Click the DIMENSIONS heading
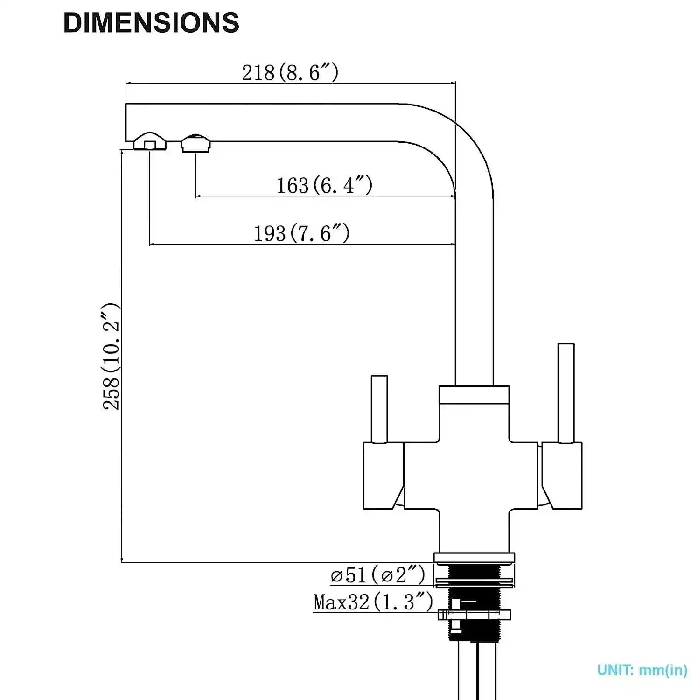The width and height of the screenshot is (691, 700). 151,22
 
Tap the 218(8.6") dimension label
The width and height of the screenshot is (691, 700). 290,72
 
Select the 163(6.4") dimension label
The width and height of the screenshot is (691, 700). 324,185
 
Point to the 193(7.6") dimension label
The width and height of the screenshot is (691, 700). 301,233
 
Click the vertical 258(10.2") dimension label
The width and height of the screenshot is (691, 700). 111,357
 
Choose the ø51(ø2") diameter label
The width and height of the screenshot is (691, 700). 377,574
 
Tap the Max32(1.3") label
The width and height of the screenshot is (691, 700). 373,602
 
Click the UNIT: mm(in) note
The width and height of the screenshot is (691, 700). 642,670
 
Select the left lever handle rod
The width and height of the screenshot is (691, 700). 379,408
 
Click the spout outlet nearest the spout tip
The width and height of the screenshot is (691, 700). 149,141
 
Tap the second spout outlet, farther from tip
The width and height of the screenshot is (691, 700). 195,143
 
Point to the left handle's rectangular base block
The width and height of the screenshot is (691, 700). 383,476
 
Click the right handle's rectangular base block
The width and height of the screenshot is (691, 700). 562,476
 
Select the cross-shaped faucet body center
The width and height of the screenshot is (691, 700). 474,476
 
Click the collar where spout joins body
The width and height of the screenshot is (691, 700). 474,395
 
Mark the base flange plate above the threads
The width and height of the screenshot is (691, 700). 474,558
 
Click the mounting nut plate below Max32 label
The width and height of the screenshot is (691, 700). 474,615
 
